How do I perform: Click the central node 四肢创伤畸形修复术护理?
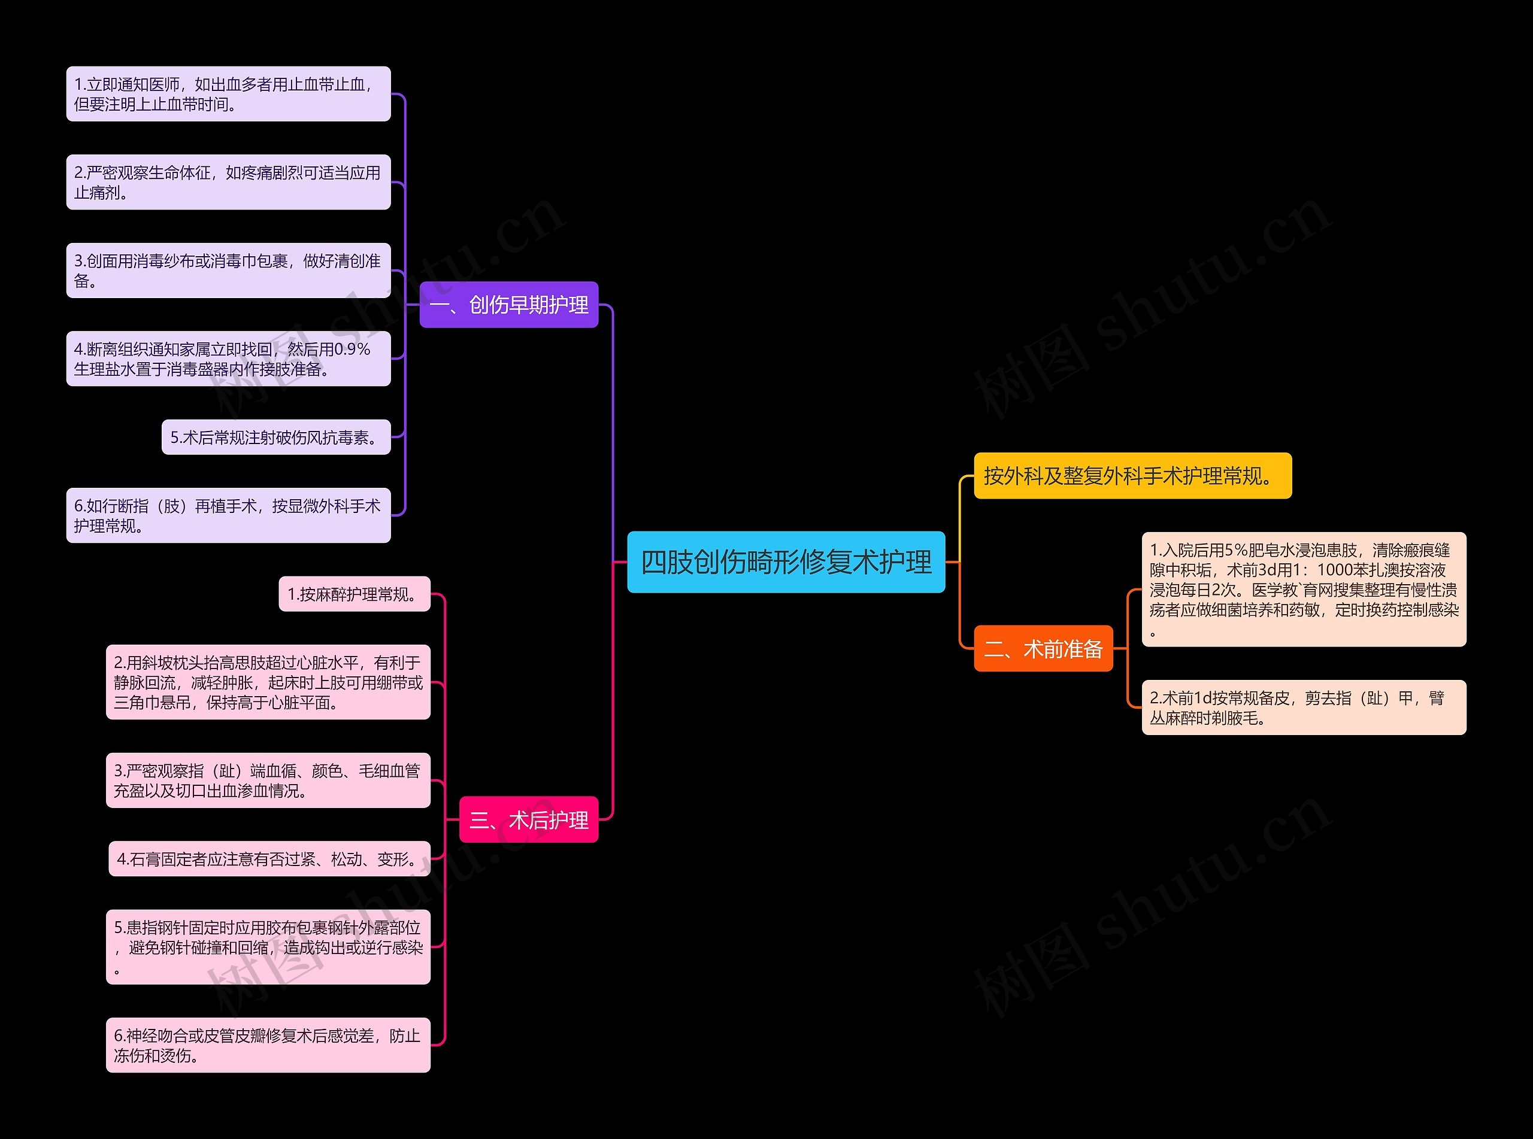[x=786, y=562]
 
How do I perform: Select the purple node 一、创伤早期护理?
[x=508, y=305]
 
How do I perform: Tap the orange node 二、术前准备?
[x=1043, y=648]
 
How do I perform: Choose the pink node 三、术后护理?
[x=528, y=819]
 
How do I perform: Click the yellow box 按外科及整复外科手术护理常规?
[x=1132, y=476]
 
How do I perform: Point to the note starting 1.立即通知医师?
[x=228, y=94]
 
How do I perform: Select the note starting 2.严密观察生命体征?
[x=228, y=182]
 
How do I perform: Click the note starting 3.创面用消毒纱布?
[x=228, y=271]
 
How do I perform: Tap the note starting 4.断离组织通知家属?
[x=228, y=359]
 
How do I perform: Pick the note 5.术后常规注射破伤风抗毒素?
[x=276, y=437]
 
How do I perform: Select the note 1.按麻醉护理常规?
[x=355, y=594]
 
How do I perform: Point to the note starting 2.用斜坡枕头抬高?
[x=268, y=682]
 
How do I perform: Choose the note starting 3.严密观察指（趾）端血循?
[x=268, y=780]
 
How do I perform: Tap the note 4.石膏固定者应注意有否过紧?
[x=269, y=858]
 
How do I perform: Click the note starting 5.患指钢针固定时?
[x=268, y=947]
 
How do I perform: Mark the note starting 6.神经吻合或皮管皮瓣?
[x=268, y=1044]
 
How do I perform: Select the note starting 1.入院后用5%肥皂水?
[x=1304, y=589]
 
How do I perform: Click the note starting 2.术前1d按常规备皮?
[x=1304, y=707]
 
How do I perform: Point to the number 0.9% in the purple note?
[x=352, y=350]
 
